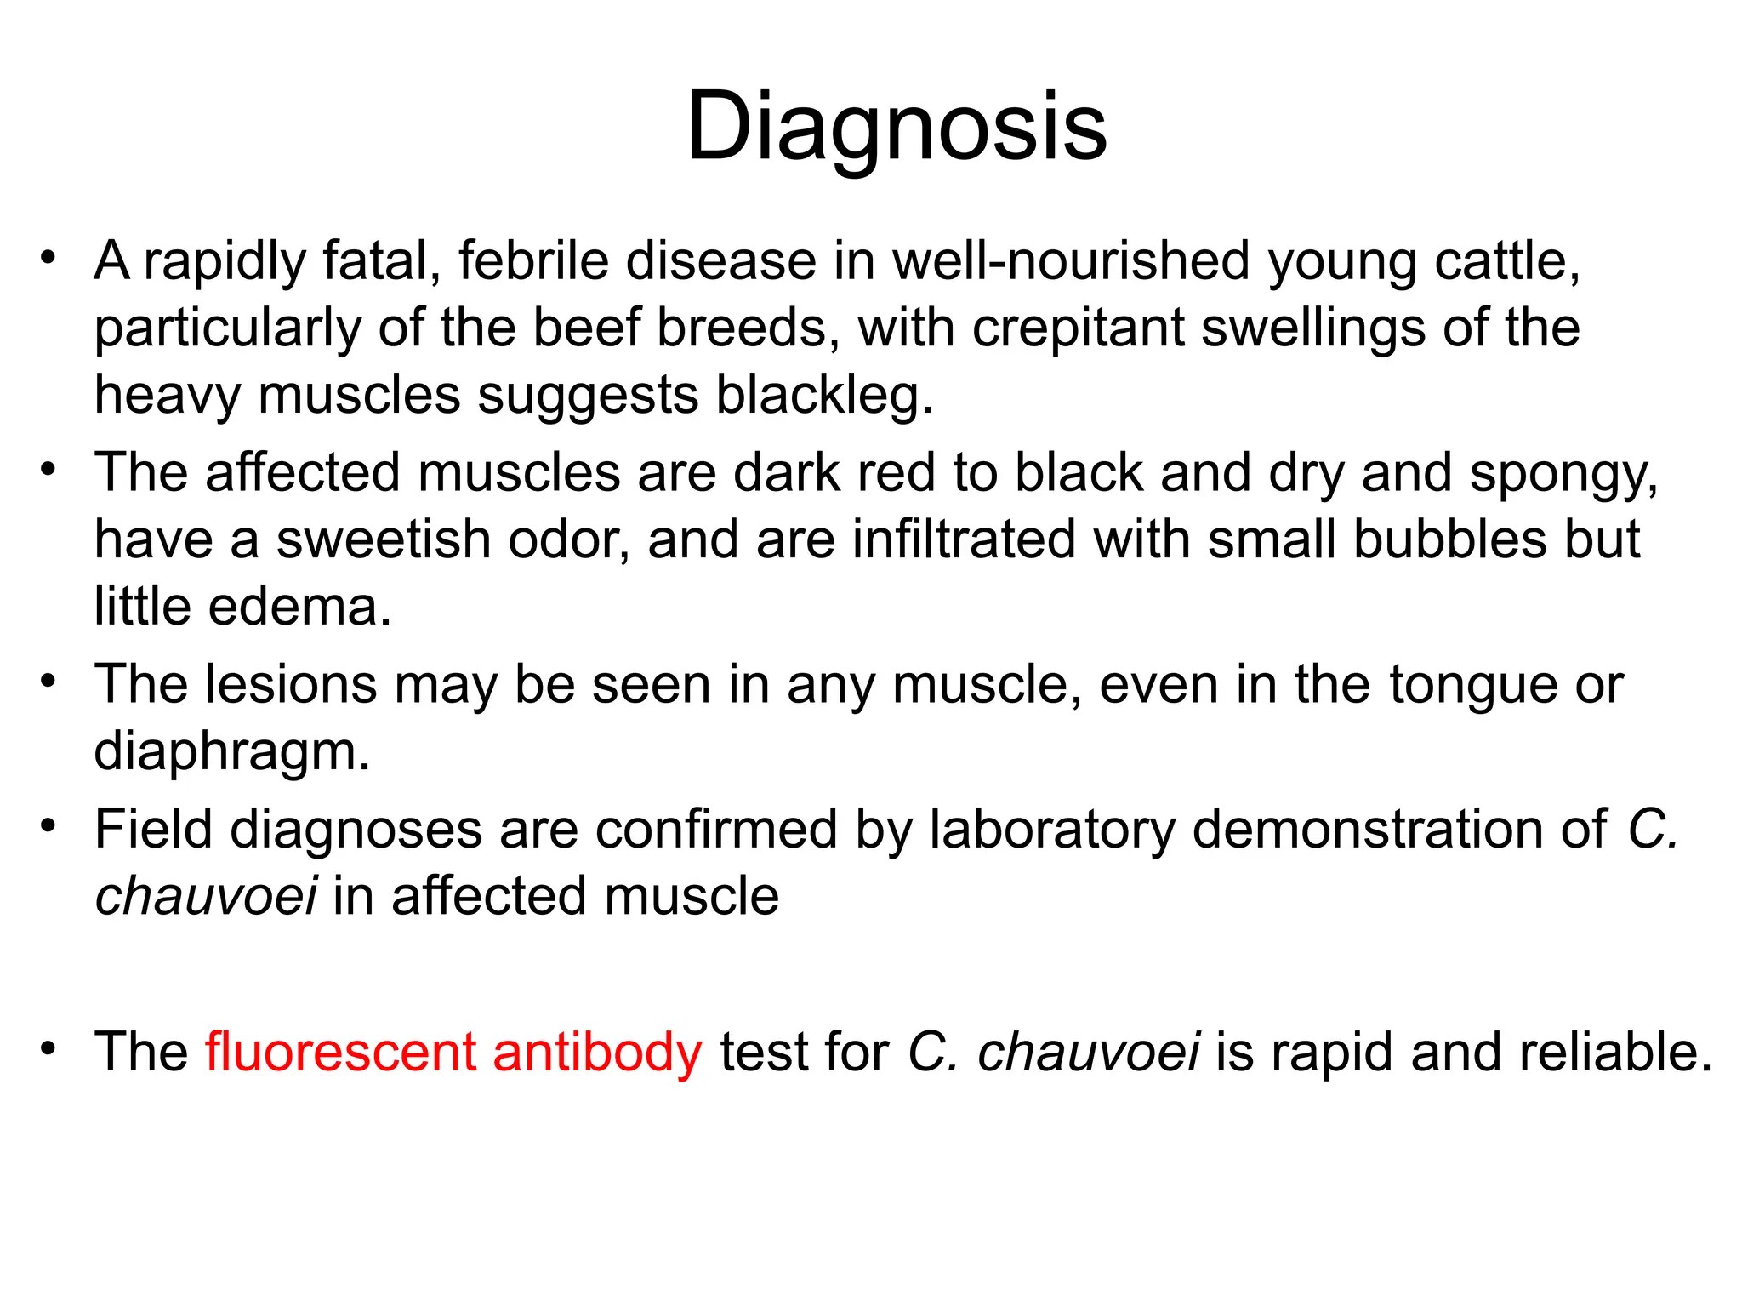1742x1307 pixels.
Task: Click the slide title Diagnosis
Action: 897,128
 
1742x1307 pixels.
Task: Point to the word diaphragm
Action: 231,753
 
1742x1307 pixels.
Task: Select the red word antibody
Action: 597,1052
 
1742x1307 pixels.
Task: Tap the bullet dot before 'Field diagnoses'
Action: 48,825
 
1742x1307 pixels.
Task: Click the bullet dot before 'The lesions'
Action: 48,681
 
